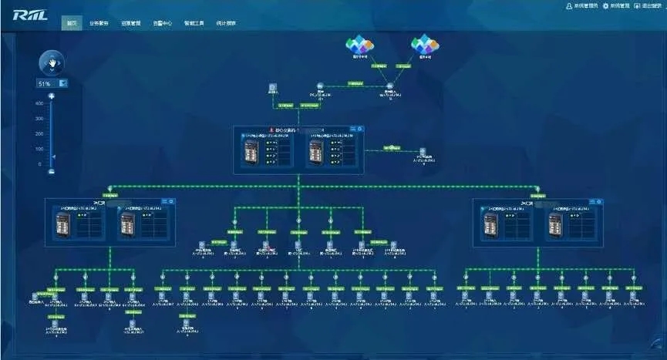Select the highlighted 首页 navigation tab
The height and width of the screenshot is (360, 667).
(x=72, y=23)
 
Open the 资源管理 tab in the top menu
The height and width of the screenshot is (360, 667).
(x=130, y=23)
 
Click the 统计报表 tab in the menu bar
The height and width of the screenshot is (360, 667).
(x=226, y=23)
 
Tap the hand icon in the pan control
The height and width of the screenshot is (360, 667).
(x=52, y=62)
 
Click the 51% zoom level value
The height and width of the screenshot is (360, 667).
(x=45, y=82)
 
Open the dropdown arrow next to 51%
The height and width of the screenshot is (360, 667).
(x=62, y=82)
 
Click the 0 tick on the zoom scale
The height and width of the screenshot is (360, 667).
(x=40, y=164)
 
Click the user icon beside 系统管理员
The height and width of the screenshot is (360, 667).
(x=569, y=6)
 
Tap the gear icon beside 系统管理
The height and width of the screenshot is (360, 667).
(x=605, y=6)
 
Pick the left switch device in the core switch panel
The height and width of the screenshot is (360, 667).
(x=251, y=150)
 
